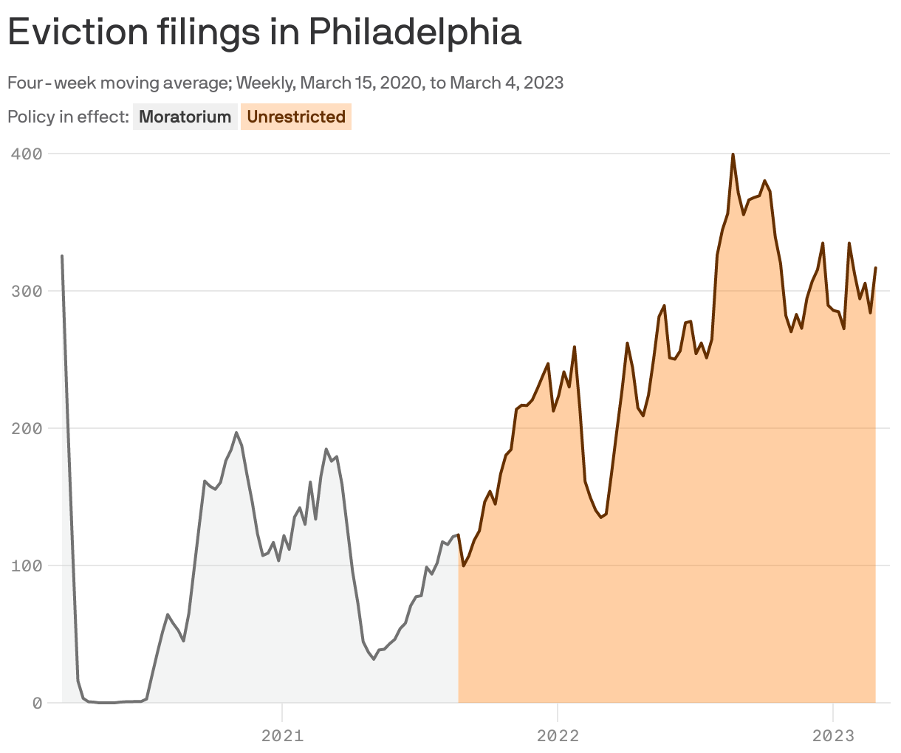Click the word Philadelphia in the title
click(414, 32)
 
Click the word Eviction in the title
click(78, 32)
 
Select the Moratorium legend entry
click(185, 117)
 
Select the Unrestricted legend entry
click(296, 117)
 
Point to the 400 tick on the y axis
click(27, 154)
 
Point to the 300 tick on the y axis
click(27, 291)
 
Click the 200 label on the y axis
click(27, 428)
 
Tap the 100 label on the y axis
click(27, 565)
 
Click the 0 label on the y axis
click(36, 703)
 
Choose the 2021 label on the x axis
click(282, 735)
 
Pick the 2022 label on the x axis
click(558, 735)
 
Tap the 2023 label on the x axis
click(833, 735)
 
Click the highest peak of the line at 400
click(733, 154)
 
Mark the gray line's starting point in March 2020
click(62, 256)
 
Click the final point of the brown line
click(876, 268)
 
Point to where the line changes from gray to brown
click(459, 535)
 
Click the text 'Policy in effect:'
click(68, 117)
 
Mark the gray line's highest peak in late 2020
click(236, 433)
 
